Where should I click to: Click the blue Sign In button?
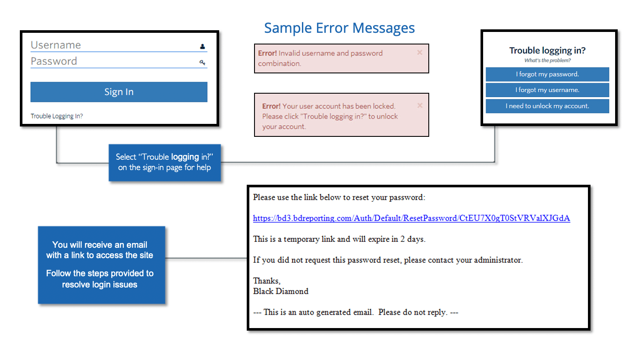pyautogui.click(x=119, y=92)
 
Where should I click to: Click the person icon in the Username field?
pyautogui.click(x=202, y=46)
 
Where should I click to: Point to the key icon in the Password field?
pyautogui.click(x=202, y=63)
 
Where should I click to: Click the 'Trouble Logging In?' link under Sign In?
pyautogui.click(x=57, y=116)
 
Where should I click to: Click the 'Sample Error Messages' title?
pyautogui.click(x=339, y=28)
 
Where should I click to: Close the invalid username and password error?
pyautogui.click(x=420, y=52)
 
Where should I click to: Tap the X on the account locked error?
pyautogui.click(x=420, y=105)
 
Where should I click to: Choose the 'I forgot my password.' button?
pyautogui.click(x=547, y=75)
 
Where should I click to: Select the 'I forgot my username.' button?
pyautogui.click(x=547, y=90)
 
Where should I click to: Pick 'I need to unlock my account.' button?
pyautogui.click(x=547, y=106)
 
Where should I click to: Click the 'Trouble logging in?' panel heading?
pyautogui.click(x=547, y=51)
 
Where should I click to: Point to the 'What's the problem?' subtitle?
pyautogui.click(x=547, y=60)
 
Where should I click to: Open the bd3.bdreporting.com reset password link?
pyautogui.click(x=411, y=218)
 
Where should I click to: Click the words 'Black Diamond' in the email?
pyautogui.click(x=280, y=291)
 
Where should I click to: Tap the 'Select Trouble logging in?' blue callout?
pyautogui.click(x=164, y=163)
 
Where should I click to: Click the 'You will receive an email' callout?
pyautogui.click(x=102, y=265)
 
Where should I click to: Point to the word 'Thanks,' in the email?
pyautogui.click(x=267, y=281)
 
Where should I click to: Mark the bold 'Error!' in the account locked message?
pyautogui.click(x=271, y=106)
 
